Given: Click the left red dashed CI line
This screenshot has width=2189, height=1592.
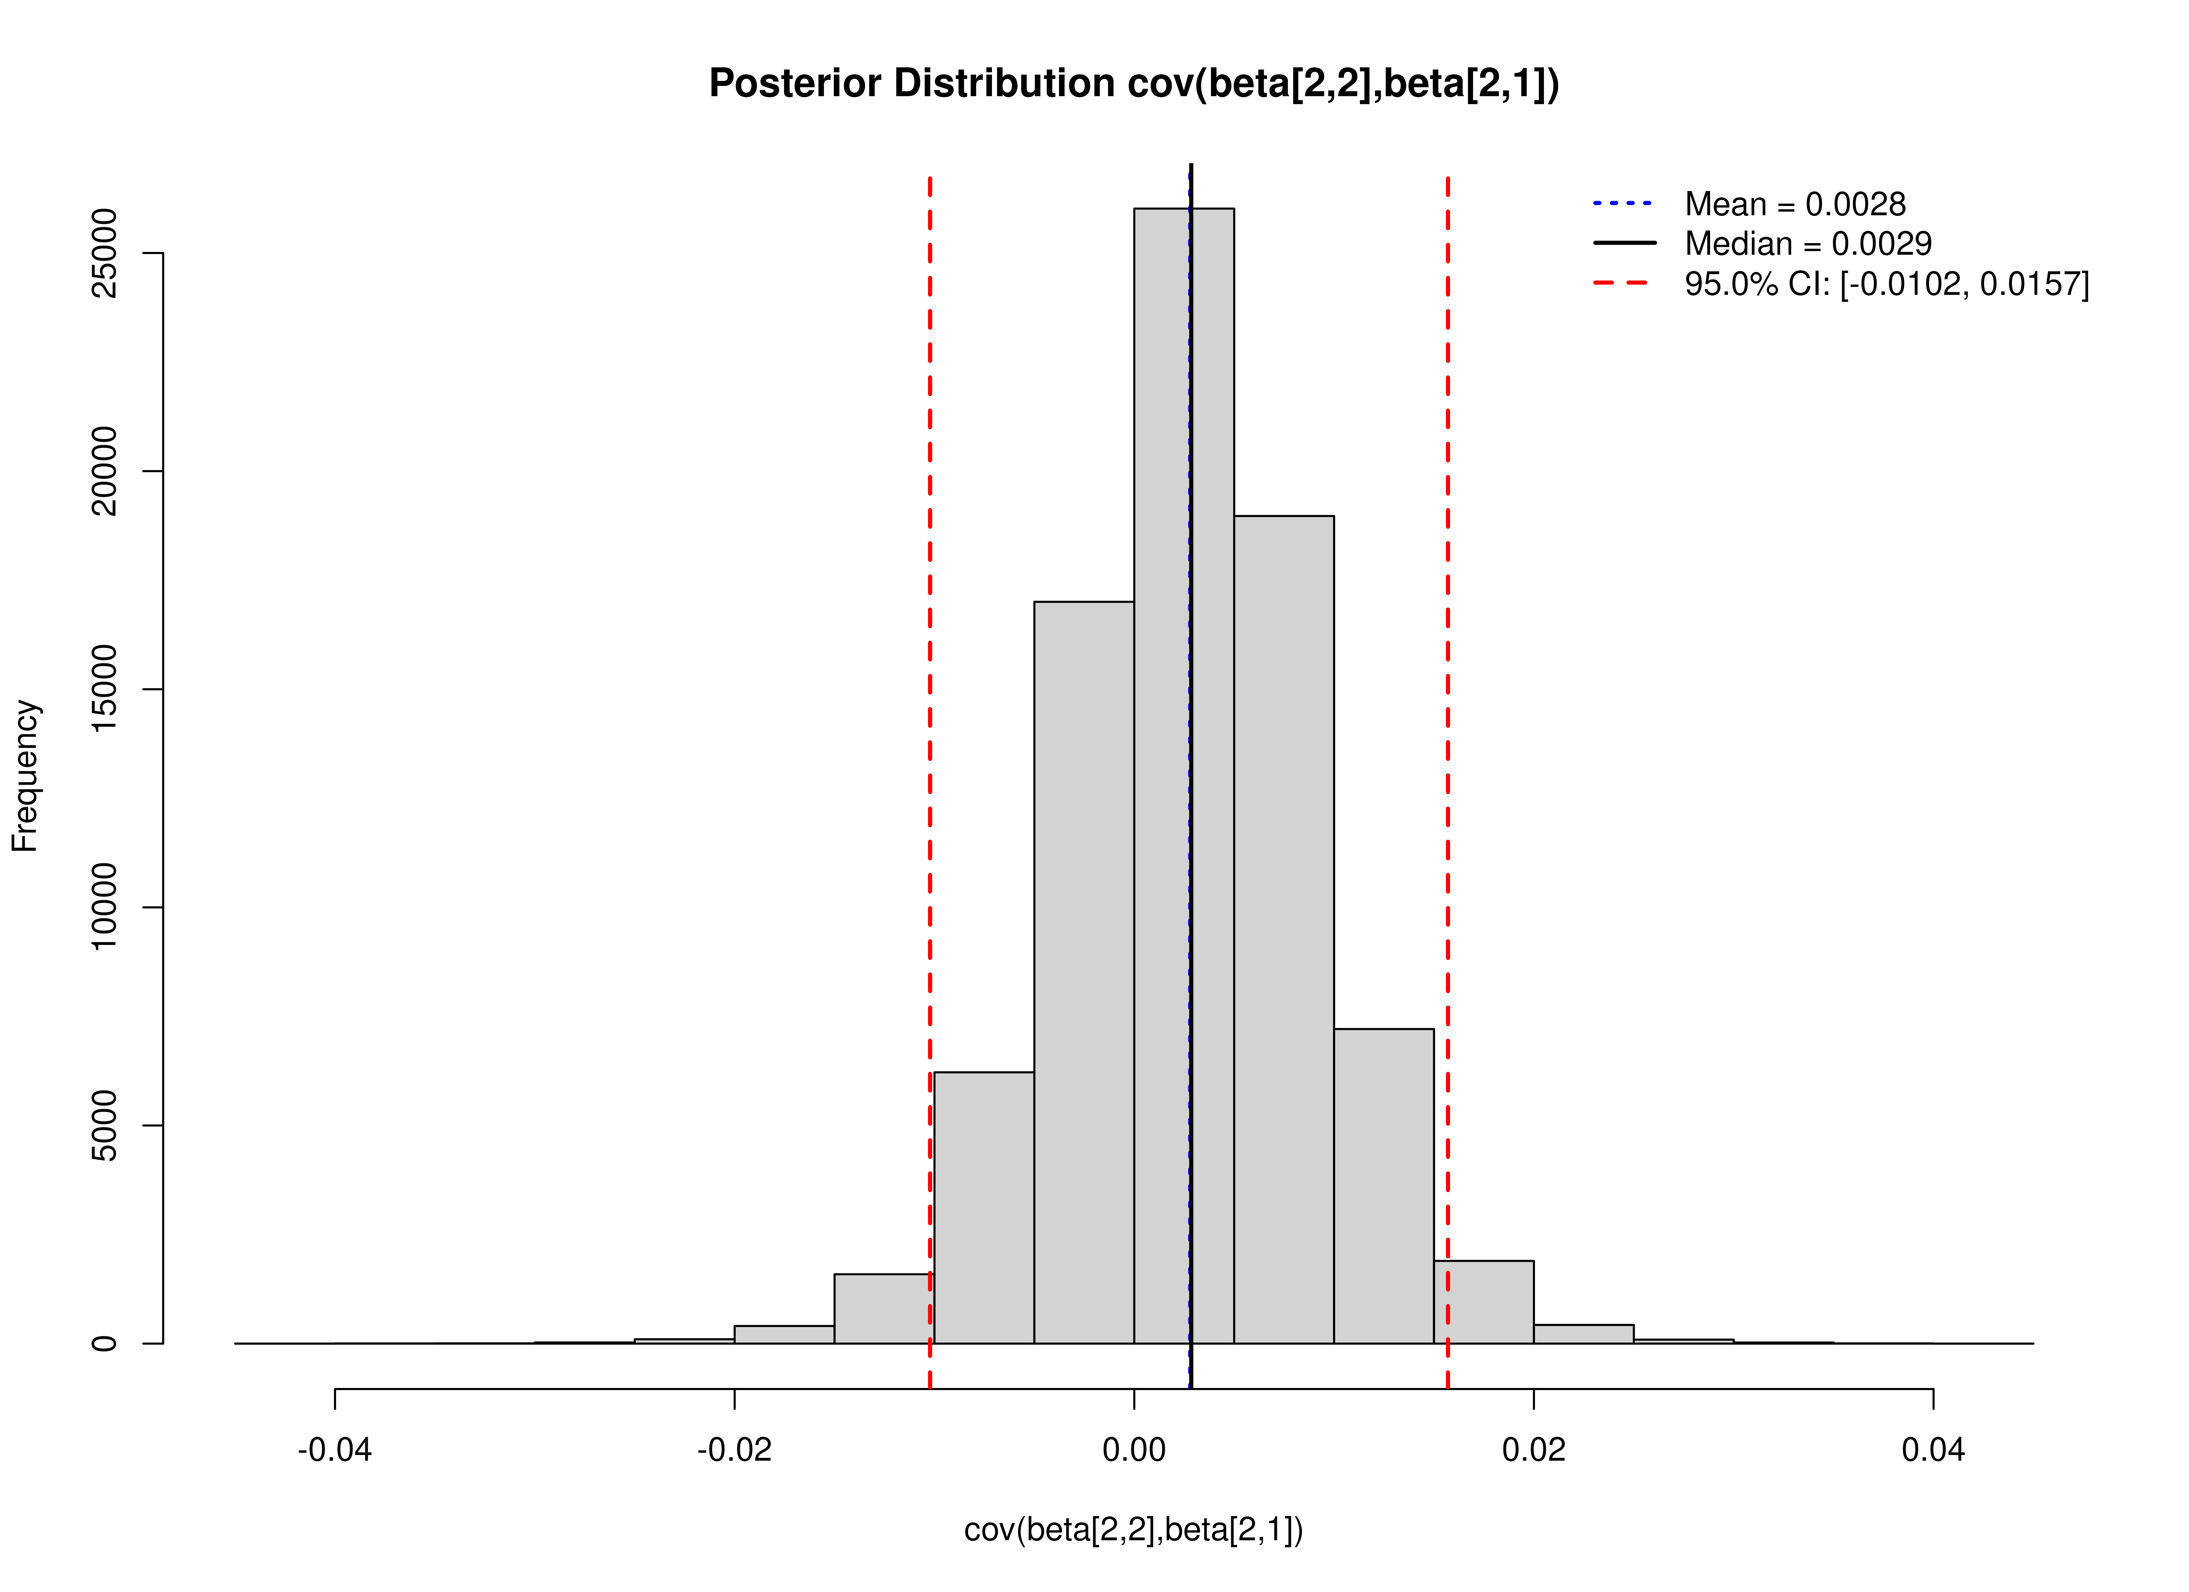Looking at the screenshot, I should [x=929, y=676].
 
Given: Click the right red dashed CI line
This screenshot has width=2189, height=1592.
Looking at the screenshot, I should [x=1448, y=676].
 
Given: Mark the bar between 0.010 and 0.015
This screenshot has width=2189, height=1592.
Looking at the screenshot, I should [x=1383, y=1187].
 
